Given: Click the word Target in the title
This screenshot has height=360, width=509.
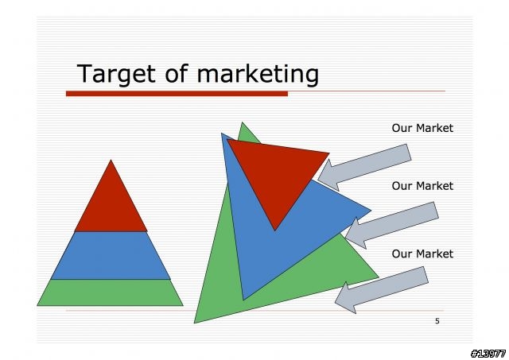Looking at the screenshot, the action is pyautogui.click(x=116, y=74).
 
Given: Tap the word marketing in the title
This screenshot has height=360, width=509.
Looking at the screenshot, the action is pyautogui.click(x=258, y=74).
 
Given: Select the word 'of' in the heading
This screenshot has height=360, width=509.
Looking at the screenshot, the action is pyautogui.click(x=177, y=73).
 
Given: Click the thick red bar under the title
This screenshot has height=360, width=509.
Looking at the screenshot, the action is pyautogui.click(x=177, y=94).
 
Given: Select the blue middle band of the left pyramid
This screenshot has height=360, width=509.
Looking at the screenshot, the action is pyautogui.click(x=111, y=255).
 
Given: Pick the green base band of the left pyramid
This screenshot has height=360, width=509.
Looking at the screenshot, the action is pyautogui.click(x=110, y=292).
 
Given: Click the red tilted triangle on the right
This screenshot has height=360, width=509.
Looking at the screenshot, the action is pyautogui.click(x=276, y=175).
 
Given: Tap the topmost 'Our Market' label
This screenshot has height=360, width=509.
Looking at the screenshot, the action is pyautogui.click(x=422, y=128).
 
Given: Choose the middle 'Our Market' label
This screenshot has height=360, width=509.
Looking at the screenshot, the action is pyautogui.click(x=422, y=186).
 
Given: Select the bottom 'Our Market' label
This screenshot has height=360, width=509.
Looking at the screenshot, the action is pyautogui.click(x=422, y=254).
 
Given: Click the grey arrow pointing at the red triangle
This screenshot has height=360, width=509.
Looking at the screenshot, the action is pyautogui.click(x=364, y=168).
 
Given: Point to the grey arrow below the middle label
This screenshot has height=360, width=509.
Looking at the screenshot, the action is pyautogui.click(x=392, y=226).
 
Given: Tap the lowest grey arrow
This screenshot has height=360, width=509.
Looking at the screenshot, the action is pyautogui.click(x=382, y=290).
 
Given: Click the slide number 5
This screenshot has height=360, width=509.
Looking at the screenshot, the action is pyautogui.click(x=437, y=321).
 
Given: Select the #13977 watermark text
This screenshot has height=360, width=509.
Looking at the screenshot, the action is pyautogui.click(x=488, y=353).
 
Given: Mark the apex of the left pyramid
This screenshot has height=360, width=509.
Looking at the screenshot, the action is pyautogui.click(x=111, y=160).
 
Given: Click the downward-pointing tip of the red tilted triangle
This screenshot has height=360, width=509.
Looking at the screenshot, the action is pyautogui.click(x=274, y=230).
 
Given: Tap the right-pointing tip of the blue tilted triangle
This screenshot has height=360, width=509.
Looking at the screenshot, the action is pyautogui.click(x=371, y=211).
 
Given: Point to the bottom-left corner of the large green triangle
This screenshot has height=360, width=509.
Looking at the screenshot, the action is pyautogui.click(x=194, y=323).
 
